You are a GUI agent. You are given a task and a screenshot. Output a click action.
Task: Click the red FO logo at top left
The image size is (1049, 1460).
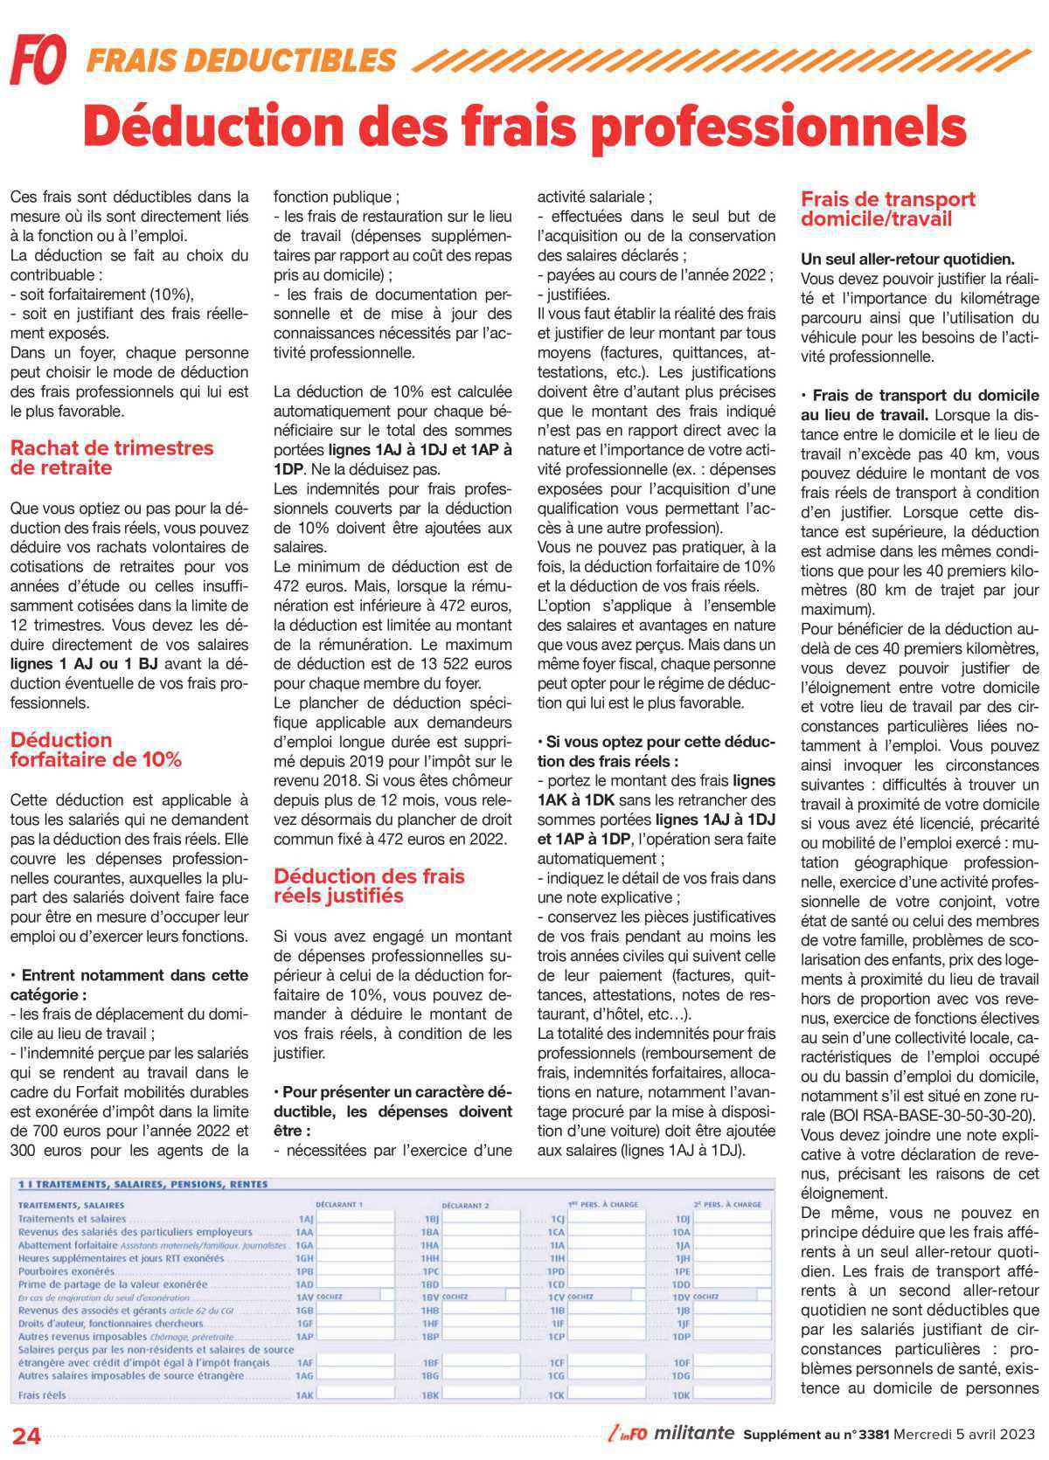(38, 59)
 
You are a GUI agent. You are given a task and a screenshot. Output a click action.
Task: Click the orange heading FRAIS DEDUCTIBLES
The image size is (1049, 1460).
(241, 59)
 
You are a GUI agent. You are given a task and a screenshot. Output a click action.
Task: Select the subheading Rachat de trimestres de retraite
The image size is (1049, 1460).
(112, 458)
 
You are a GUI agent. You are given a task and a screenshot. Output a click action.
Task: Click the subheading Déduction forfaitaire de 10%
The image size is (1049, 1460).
(96, 750)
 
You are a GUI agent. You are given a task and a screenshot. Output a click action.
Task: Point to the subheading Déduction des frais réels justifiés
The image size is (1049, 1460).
(369, 886)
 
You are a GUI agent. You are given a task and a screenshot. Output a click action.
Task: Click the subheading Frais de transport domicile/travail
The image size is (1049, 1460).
(887, 209)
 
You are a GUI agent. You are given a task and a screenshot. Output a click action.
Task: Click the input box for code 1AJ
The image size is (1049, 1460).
(354, 1218)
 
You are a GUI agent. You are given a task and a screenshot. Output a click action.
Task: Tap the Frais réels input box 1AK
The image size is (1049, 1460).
(354, 1395)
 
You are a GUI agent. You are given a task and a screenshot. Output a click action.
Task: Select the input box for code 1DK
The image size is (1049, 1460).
(733, 1395)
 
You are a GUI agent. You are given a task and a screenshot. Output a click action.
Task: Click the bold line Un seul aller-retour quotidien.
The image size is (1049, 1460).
(907, 259)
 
